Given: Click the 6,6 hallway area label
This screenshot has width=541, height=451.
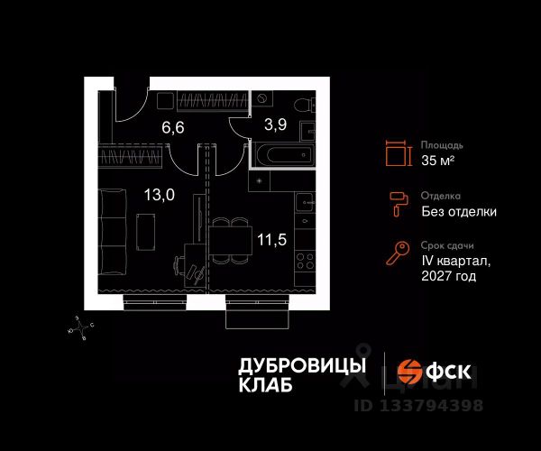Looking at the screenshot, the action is click(173, 127).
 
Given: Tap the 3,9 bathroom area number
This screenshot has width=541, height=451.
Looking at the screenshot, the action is click(275, 124).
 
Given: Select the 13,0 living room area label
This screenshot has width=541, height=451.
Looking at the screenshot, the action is click(160, 195).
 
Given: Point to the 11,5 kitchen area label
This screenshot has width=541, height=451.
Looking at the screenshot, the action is click(272, 239).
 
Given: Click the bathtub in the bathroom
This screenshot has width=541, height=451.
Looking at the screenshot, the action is click(285, 154).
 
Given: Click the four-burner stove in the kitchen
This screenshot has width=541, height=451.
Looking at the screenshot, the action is click(305, 261).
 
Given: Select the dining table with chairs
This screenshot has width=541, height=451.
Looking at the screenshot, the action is click(231, 241).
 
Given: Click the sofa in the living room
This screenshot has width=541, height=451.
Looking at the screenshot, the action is click(112, 232).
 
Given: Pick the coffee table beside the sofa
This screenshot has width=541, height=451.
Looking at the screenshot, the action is click(145, 232).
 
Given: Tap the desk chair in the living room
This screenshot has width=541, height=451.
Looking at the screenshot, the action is click(179, 265).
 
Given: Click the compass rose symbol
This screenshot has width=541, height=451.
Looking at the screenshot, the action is click(81, 327).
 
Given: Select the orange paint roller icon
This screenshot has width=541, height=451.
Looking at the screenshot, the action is click(399, 204).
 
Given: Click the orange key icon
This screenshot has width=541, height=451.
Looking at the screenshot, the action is click(398, 253).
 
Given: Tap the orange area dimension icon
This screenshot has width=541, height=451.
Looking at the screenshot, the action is click(399, 153).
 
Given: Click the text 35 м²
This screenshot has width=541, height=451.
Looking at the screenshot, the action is click(437, 161).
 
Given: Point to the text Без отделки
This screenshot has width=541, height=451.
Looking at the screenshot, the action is click(459, 211).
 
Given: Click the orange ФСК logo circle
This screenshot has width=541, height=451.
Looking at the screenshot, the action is click(409, 372).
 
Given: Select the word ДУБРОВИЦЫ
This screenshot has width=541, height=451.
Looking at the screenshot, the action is click(302, 365).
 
